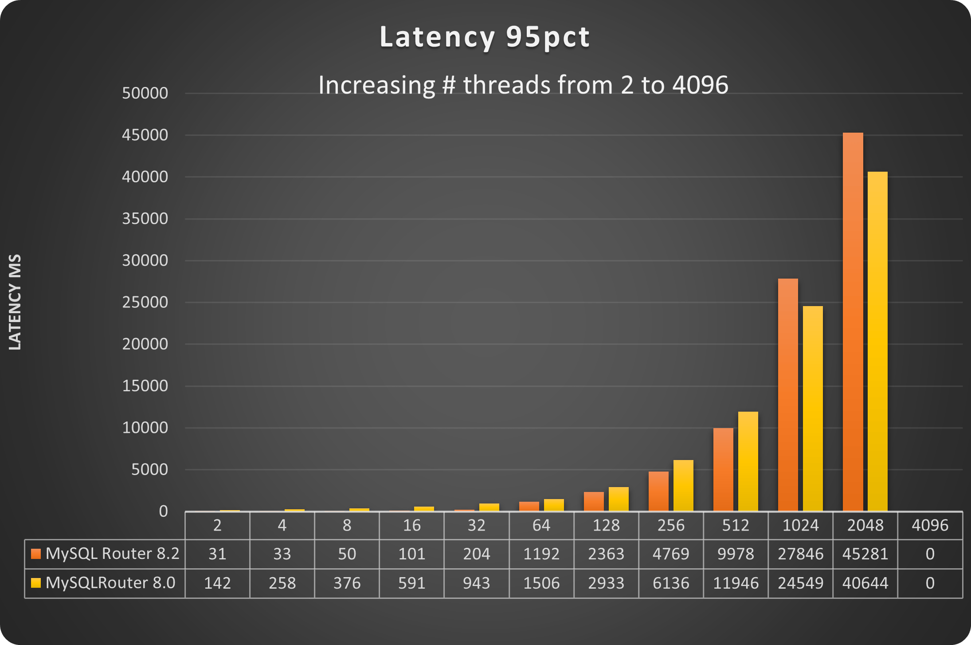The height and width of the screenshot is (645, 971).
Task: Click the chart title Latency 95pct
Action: [x=485, y=37]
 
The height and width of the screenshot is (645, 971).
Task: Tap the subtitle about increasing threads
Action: [x=523, y=85]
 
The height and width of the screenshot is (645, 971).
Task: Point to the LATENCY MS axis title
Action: [x=15, y=302]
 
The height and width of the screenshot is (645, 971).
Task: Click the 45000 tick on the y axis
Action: [x=145, y=135]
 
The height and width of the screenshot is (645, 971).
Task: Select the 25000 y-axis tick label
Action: [x=145, y=303]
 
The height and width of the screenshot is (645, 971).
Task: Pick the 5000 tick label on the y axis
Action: [x=149, y=470]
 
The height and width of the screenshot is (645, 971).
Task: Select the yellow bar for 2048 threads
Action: [x=877, y=342]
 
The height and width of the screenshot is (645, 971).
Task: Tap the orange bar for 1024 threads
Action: [x=788, y=395]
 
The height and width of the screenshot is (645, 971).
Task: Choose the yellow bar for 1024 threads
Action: [x=813, y=408]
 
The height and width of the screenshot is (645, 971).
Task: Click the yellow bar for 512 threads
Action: [x=748, y=461]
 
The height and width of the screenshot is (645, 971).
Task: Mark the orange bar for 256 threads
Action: [x=658, y=491]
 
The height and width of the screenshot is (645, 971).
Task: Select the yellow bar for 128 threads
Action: [x=619, y=499]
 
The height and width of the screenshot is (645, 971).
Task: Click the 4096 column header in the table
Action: [x=930, y=526]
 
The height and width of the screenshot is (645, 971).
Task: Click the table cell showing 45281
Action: [x=865, y=554]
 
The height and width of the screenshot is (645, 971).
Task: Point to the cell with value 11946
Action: [x=736, y=583]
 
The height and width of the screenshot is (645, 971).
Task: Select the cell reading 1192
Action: [x=541, y=554]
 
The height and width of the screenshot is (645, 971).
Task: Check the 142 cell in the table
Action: [x=217, y=583]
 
